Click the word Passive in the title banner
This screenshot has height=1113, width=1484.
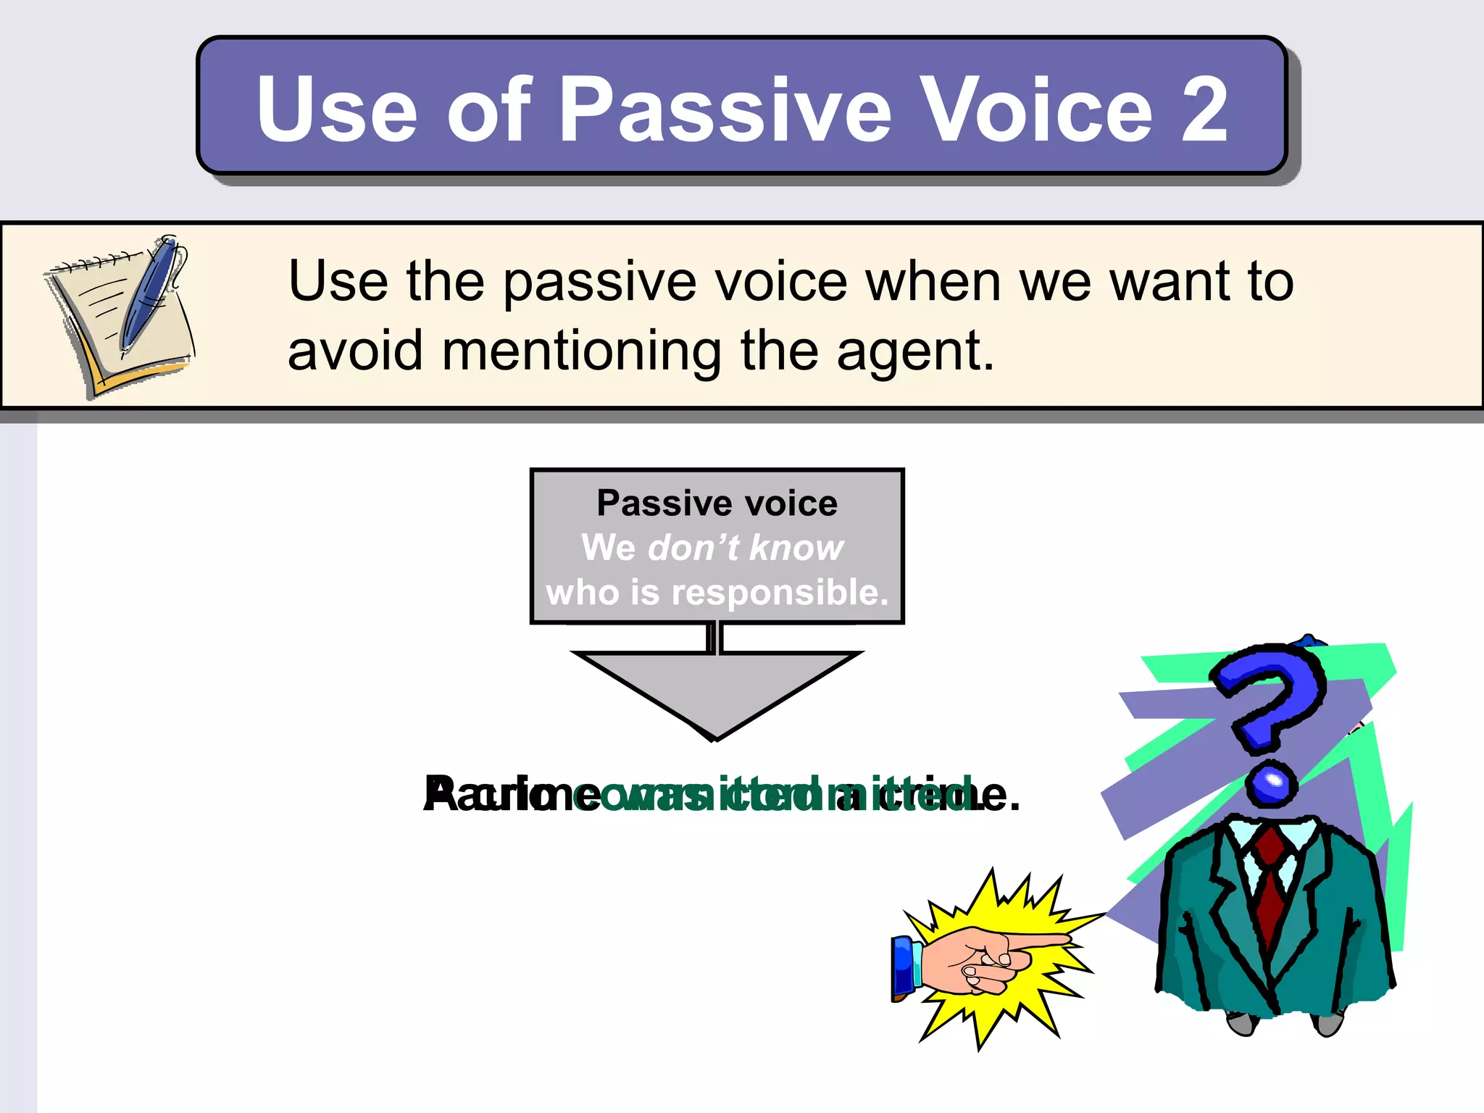pyautogui.click(x=725, y=110)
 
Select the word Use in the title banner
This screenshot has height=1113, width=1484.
pyautogui.click(x=336, y=110)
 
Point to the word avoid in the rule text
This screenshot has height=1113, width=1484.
pyautogui.click(x=354, y=351)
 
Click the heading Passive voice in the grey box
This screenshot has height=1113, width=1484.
pyautogui.click(x=717, y=503)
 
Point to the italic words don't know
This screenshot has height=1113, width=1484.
pyautogui.click(x=746, y=548)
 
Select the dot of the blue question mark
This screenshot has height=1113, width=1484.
pyautogui.click(x=1271, y=784)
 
